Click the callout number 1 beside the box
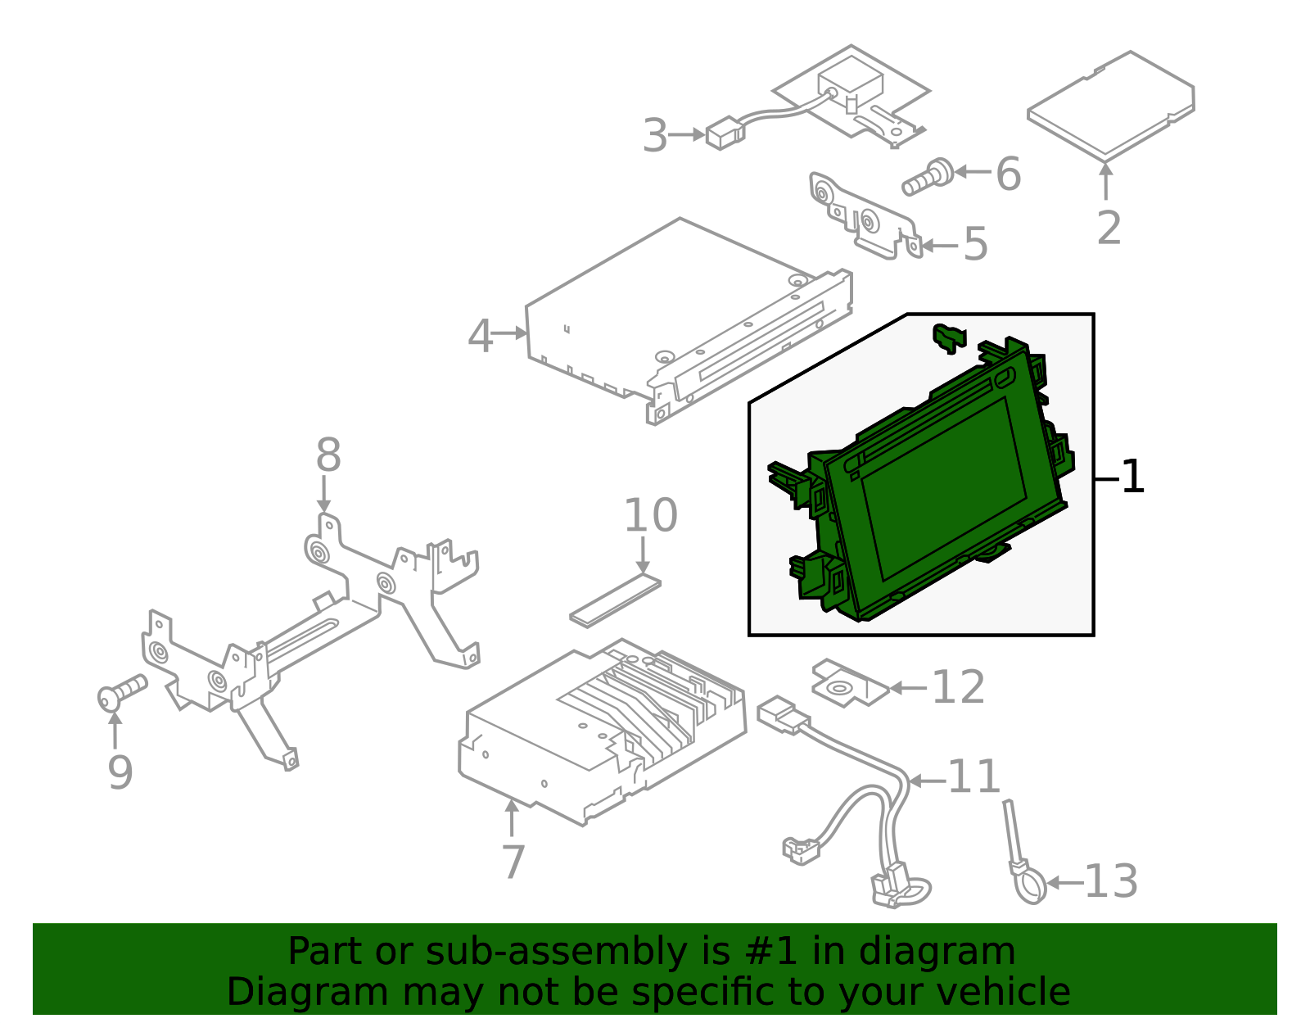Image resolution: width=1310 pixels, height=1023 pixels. click(1133, 477)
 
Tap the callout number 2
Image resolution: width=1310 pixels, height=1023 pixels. click(1109, 228)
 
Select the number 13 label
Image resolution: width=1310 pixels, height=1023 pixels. click(1110, 882)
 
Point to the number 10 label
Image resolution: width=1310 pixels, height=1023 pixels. click(651, 516)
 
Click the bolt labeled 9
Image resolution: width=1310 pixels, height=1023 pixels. click(120, 692)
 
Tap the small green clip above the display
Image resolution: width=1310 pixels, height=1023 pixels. click(949, 337)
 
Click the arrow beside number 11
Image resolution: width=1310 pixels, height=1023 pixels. click(926, 781)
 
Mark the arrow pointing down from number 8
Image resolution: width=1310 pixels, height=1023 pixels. click(324, 495)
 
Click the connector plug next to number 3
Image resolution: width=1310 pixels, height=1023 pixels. click(725, 134)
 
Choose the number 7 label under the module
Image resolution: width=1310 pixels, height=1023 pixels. click(513, 862)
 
